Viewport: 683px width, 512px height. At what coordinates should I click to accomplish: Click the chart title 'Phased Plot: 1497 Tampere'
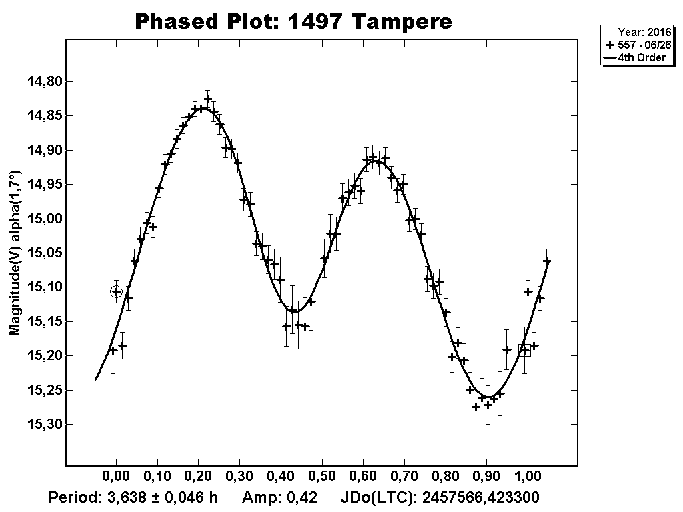tap(293, 21)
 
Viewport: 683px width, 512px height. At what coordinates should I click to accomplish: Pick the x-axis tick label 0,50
tap(322, 478)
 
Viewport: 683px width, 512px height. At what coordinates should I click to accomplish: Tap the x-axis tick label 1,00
tap(528, 478)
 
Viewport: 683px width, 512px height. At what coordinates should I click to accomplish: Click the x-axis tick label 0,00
tap(116, 478)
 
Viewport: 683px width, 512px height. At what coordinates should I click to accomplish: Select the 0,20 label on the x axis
tap(199, 478)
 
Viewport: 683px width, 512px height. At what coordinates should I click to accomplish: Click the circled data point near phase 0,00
tap(117, 291)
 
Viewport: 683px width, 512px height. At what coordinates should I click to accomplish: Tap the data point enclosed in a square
tap(525, 350)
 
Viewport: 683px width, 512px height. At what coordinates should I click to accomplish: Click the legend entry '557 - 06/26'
tap(640, 45)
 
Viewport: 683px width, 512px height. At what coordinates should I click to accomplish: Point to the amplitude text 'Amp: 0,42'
tap(279, 497)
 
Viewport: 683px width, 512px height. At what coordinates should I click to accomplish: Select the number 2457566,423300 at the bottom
tap(481, 497)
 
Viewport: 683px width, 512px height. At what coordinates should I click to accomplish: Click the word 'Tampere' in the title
tap(402, 21)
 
